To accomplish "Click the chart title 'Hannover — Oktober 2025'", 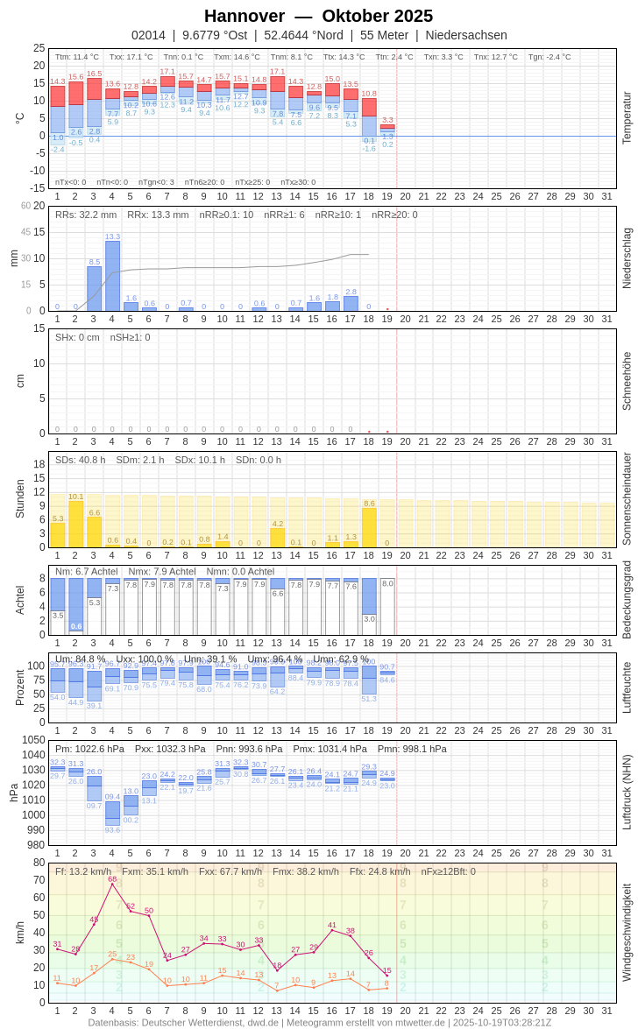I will pyautogui.click(x=318, y=16).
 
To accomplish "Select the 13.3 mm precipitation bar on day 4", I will pyautogui.click(x=112, y=276).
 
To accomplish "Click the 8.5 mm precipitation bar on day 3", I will pyautogui.click(x=94, y=289).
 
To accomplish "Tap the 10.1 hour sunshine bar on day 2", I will pyautogui.click(x=75, y=524).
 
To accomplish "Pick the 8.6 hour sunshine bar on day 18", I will pyautogui.click(x=369, y=527).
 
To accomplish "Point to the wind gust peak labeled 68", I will pyautogui.click(x=112, y=884).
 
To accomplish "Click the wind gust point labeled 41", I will pyautogui.click(x=332, y=930).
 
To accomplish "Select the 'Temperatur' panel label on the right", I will pyautogui.click(x=627, y=118).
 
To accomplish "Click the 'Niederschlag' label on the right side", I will pyautogui.click(x=627, y=258).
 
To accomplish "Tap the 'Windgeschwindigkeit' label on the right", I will pyautogui.click(x=627, y=932).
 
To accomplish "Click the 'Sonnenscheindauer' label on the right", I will pyautogui.click(x=627, y=498).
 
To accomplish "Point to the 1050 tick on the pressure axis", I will pyautogui.click(x=33, y=740).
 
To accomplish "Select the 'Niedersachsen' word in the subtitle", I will pyautogui.click(x=466, y=35).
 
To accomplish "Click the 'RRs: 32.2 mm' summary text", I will pyautogui.click(x=86, y=215).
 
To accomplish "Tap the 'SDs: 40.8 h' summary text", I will pyautogui.click(x=81, y=460).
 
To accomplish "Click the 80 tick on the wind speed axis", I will pyautogui.click(x=39, y=862).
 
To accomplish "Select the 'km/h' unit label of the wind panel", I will pyautogui.click(x=20, y=932).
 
